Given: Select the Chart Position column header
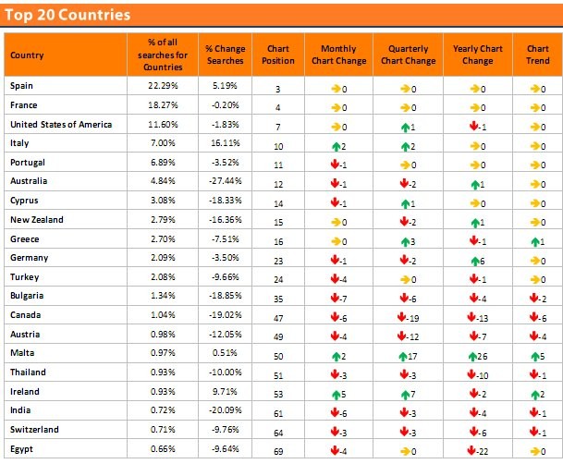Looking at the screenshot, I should [278, 55].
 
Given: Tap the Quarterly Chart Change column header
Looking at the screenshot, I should [408, 55].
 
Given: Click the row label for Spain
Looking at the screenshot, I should [22, 86].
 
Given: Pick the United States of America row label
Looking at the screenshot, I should [60, 124].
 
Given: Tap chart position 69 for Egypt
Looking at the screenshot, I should [278, 449].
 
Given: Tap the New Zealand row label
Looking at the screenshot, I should [37, 220].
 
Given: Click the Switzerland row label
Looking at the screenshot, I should [35, 430].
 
